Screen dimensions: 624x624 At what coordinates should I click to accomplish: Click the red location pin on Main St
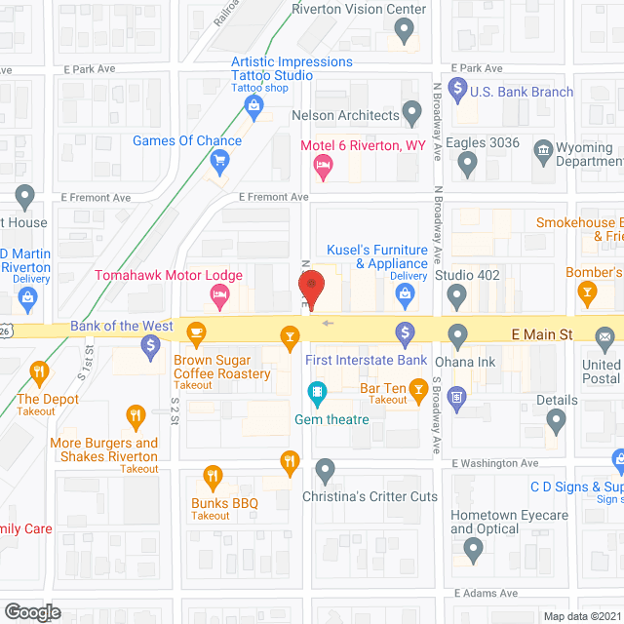coord(311,290)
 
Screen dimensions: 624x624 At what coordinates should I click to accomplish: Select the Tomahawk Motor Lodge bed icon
coord(220,295)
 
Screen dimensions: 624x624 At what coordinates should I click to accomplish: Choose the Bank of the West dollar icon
coord(150,344)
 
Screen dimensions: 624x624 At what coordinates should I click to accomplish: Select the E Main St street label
coord(542,334)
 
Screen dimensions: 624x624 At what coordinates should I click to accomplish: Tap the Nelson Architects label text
coord(346,115)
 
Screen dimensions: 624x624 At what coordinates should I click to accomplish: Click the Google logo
coord(32,611)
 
